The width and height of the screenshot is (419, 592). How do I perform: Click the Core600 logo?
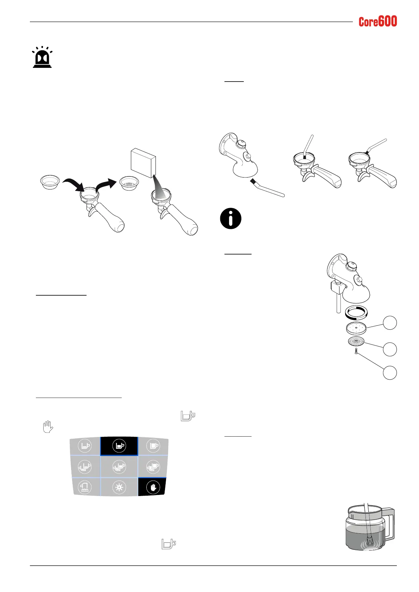pyautogui.click(x=377, y=22)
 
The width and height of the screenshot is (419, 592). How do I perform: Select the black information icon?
pyautogui.click(x=230, y=218)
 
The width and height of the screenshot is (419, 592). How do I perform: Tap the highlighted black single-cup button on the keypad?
pyautogui.click(x=119, y=446)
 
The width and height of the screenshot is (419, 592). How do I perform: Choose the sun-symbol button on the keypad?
pyautogui.click(x=119, y=488)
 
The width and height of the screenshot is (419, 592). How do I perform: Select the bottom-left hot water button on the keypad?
pyautogui.click(x=85, y=487)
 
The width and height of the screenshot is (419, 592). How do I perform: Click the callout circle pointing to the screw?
pyautogui.click(x=389, y=373)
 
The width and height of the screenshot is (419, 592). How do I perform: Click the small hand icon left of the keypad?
pyautogui.click(x=47, y=427)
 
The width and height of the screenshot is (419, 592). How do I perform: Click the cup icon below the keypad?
pyautogui.click(x=169, y=544)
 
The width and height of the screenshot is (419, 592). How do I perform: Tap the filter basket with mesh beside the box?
pyautogui.click(x=128, y=183)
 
